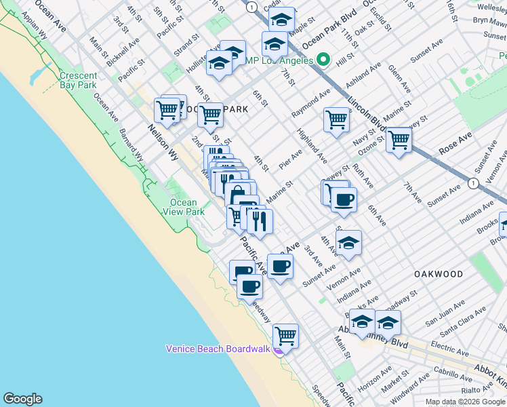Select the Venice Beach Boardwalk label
[x=218, y=349]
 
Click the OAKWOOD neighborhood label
[x=439, y=274]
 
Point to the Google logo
[x=22, y=399]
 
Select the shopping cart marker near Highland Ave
[x=336, y=119]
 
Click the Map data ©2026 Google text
[x=465, y=401]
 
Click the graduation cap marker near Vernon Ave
[x=348, y=243]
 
